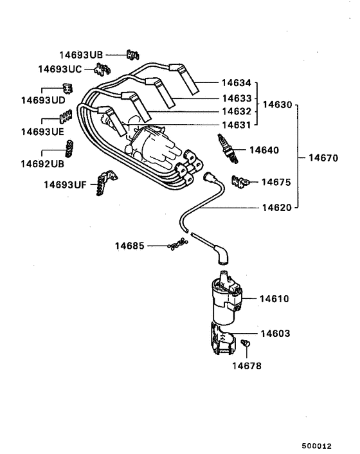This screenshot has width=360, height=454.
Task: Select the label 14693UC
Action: pyautogui.click(x=60, y=68)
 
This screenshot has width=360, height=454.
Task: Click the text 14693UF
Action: pyautogui.click(x=65, y=185)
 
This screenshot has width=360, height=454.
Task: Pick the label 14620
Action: pyautogui.click(x=279, y=208)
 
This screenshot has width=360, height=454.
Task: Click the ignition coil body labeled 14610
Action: pyautogui.click(x=225, y=301)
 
